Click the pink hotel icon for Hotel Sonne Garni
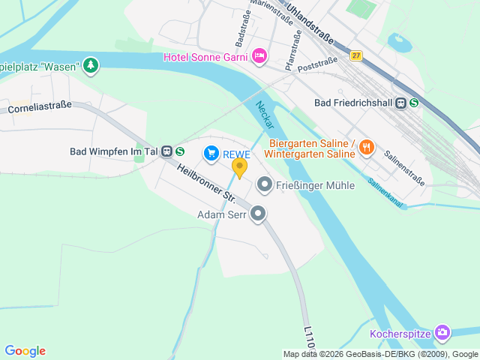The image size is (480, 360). [259, 55]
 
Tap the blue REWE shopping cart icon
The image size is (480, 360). [211, 154]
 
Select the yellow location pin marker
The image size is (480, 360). [239, 167]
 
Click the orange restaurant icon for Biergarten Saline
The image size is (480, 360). [366, 147]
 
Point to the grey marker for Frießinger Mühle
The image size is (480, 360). [264, 184]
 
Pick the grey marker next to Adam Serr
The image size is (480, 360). [259, 214]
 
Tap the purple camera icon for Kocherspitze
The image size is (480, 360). [442, 332]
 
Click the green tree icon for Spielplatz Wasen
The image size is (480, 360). [91, 65]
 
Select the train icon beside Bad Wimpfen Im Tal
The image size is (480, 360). [166, 151]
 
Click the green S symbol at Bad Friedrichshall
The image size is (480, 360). [414, 103]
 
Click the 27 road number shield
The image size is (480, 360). [355, 55]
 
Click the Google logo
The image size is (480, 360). [25, 351]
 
